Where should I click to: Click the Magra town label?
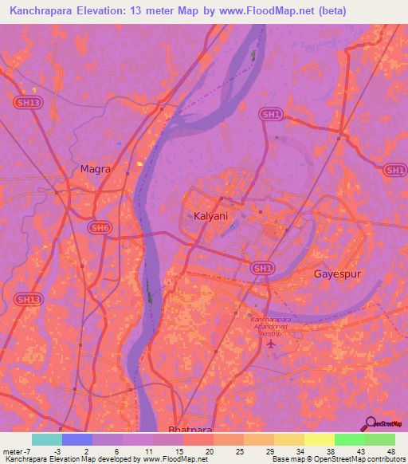tap(95, 169)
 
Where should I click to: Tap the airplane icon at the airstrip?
tap(270, 344)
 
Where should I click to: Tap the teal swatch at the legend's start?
tap(47, 439)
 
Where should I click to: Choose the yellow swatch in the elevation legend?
tap(319, 439)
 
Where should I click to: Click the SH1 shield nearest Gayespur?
tap(262, 269)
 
